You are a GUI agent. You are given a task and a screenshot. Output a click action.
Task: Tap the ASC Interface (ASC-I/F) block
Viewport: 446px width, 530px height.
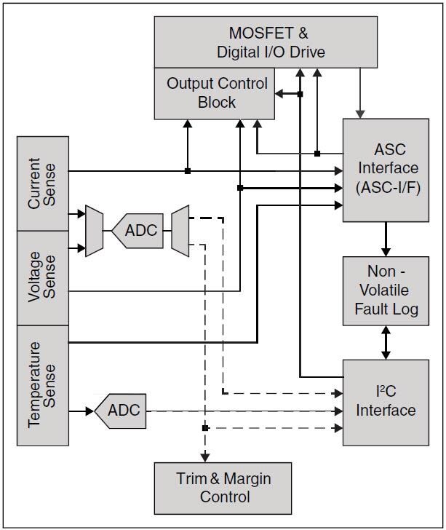386,169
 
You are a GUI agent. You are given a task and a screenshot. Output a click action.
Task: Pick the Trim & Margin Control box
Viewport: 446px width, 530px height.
223,488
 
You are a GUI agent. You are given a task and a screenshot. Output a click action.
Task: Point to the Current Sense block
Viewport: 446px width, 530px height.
43,183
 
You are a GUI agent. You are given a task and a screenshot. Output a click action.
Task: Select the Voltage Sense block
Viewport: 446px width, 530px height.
43,278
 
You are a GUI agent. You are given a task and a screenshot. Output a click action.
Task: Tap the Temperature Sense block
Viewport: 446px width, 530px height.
43,384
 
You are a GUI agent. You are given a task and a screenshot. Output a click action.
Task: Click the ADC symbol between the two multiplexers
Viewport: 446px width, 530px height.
139,231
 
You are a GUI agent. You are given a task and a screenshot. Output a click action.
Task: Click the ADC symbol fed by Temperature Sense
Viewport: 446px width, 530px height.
121,411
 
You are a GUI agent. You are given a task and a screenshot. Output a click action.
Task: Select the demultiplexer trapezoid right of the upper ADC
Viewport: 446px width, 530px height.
180,231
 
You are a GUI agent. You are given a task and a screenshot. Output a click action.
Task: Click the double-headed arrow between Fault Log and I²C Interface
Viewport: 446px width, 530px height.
386,341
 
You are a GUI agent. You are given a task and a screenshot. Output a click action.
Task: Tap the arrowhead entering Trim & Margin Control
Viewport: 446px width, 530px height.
206,456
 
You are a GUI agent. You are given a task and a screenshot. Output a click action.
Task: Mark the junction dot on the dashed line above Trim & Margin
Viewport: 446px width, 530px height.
206,428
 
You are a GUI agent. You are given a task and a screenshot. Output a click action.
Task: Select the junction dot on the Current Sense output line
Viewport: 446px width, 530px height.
188,171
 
